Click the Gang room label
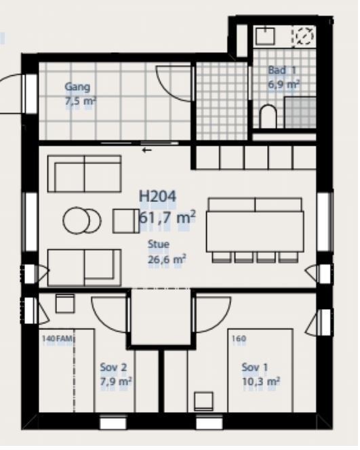(x=77, y=87)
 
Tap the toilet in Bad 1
(x=268, y=117)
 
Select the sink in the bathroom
(x=265, y=36)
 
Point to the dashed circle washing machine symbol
(x=304, y=36)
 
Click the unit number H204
(x=157, y=197)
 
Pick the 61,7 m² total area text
(x=167, y=218)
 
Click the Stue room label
(x=159, y=245)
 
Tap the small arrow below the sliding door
(x=147, y=150)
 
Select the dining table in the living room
(x=255, y=231)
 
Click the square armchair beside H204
(x=126, y=221)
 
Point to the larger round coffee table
(x=76, y=220)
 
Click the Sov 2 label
(x=113, y=367)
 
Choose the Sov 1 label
(x=255, y=367)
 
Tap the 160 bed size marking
(x=239, y=339)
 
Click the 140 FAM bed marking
(x=58, y=339)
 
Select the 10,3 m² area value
(x=261, y=382)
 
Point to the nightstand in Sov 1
(x=203, y=401)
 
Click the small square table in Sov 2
(x=65, y=304)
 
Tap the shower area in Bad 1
(x=300, y=112)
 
